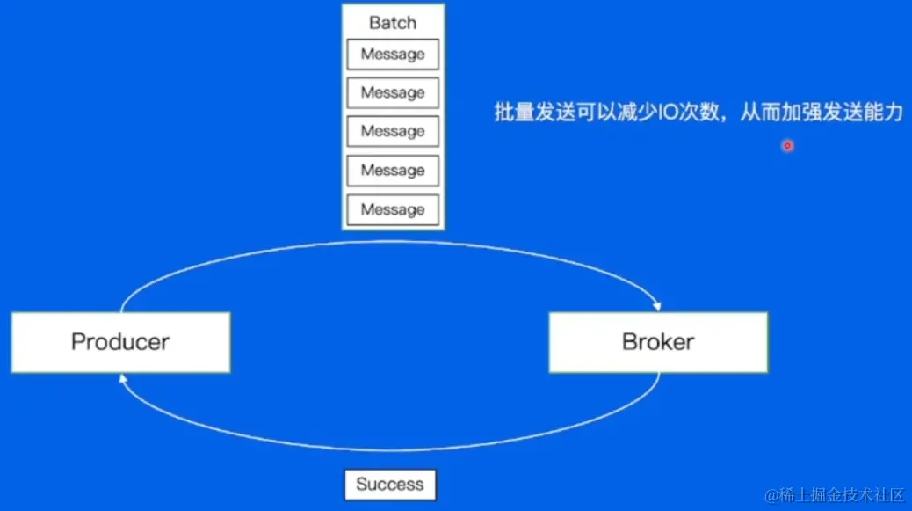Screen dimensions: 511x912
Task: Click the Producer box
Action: point(120,342)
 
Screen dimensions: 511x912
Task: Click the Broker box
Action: point(658,342)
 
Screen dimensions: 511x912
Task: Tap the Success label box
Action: point(390,485)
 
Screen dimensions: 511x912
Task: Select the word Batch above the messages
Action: point(393,23)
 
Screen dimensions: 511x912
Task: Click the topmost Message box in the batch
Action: point(393,55)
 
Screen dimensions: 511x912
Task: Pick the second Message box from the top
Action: point(393,93)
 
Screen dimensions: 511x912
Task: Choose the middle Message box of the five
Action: point(393,132)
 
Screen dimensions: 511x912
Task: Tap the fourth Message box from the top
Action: point(393,171)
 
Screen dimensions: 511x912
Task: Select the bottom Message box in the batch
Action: point(393,209)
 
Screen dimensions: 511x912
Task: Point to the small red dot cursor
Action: point(787,146)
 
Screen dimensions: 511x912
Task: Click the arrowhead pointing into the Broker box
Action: point(657,307)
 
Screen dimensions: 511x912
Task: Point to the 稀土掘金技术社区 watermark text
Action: point(835,495)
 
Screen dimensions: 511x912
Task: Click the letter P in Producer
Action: point(78,342)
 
